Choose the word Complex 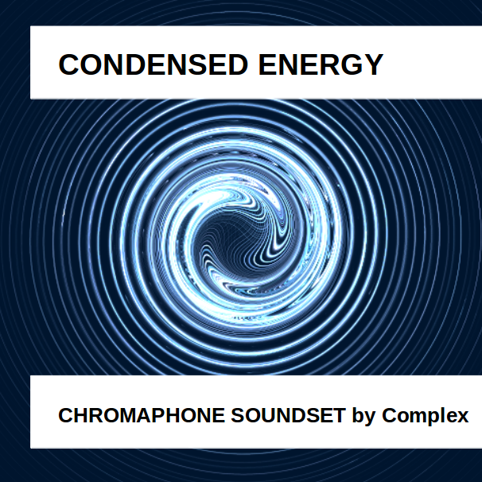point(426,416)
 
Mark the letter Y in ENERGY point(372,64)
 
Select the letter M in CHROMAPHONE point(124,415)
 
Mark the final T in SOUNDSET point(339,415)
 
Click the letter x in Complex point(463,416)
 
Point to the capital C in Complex point(389,415)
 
